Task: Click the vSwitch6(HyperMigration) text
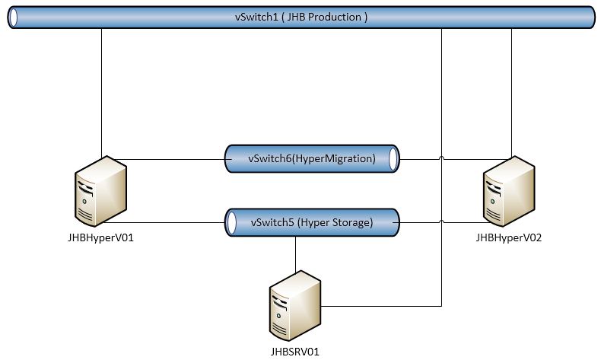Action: pyautogui.click(x=312, y=159)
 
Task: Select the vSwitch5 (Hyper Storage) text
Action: pyautogui.click(x=311, y=222)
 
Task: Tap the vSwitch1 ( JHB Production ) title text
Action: pyautogui.click(x=301, y=17)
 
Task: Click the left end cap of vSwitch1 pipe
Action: pyautogui.click(x=13, y=18)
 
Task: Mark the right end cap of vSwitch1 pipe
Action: pyautogui.click(x=589, y=18)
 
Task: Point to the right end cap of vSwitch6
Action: pyautogui.click(x=393, y=159)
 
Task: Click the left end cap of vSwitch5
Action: pyautogui.click(x=230, y=222)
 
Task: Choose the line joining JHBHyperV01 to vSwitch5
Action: pyautogui.click(x=167, y=222)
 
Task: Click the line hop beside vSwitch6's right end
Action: pyautogui.click(x=442, y=159)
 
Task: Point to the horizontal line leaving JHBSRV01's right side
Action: pyautogui.click(x=380, y=307)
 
